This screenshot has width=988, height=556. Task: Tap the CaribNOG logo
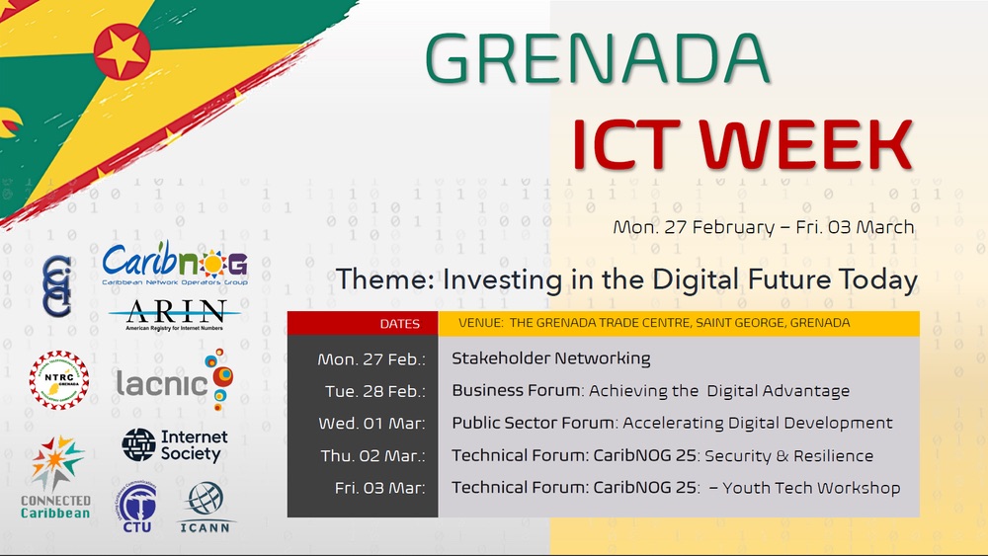(175, 267)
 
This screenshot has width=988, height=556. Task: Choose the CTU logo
(136, 508)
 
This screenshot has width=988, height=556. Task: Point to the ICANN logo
(206, 506)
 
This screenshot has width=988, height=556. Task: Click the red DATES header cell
(399, 324)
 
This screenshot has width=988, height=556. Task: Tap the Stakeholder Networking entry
(550, 358)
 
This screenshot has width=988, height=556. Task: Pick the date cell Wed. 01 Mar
(372, 424)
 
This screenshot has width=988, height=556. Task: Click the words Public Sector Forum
(535, 424)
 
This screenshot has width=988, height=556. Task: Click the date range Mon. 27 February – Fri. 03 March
(763, 227)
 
